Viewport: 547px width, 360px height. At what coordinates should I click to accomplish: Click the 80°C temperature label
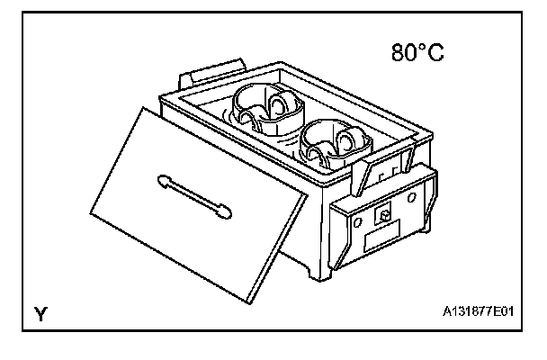(x=417, y=54)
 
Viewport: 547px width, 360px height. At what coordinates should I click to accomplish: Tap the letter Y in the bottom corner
(x=40, y=314)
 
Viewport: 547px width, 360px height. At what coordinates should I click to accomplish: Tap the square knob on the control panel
(x=381, y=215)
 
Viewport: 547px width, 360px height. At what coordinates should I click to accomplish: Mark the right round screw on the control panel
(x=411, y=194)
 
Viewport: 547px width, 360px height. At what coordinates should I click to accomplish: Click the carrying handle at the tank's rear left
(x=213, y=69)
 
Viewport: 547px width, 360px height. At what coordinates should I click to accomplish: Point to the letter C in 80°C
(x=435, y=54)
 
